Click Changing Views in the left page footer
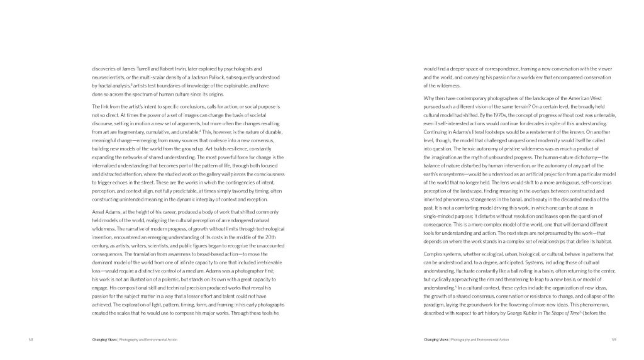[x=101, y=339]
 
